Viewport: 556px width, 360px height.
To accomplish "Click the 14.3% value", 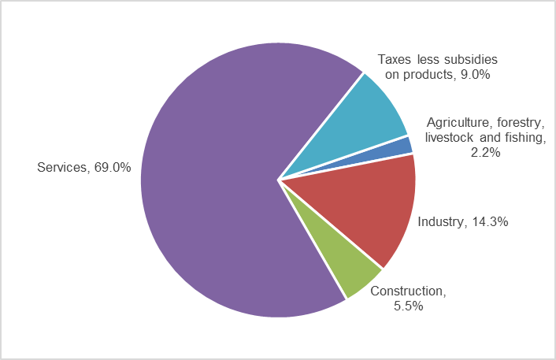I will (x=489, y=222).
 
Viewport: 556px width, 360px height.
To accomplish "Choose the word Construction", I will (x=407, y=291).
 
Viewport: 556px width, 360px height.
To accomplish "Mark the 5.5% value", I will (x=408, y=306).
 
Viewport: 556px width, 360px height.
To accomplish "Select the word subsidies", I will (x=469, y=60).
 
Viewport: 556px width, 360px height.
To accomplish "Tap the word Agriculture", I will (x=458, y=123).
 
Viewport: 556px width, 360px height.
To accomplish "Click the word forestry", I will (x=519, y=123).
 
